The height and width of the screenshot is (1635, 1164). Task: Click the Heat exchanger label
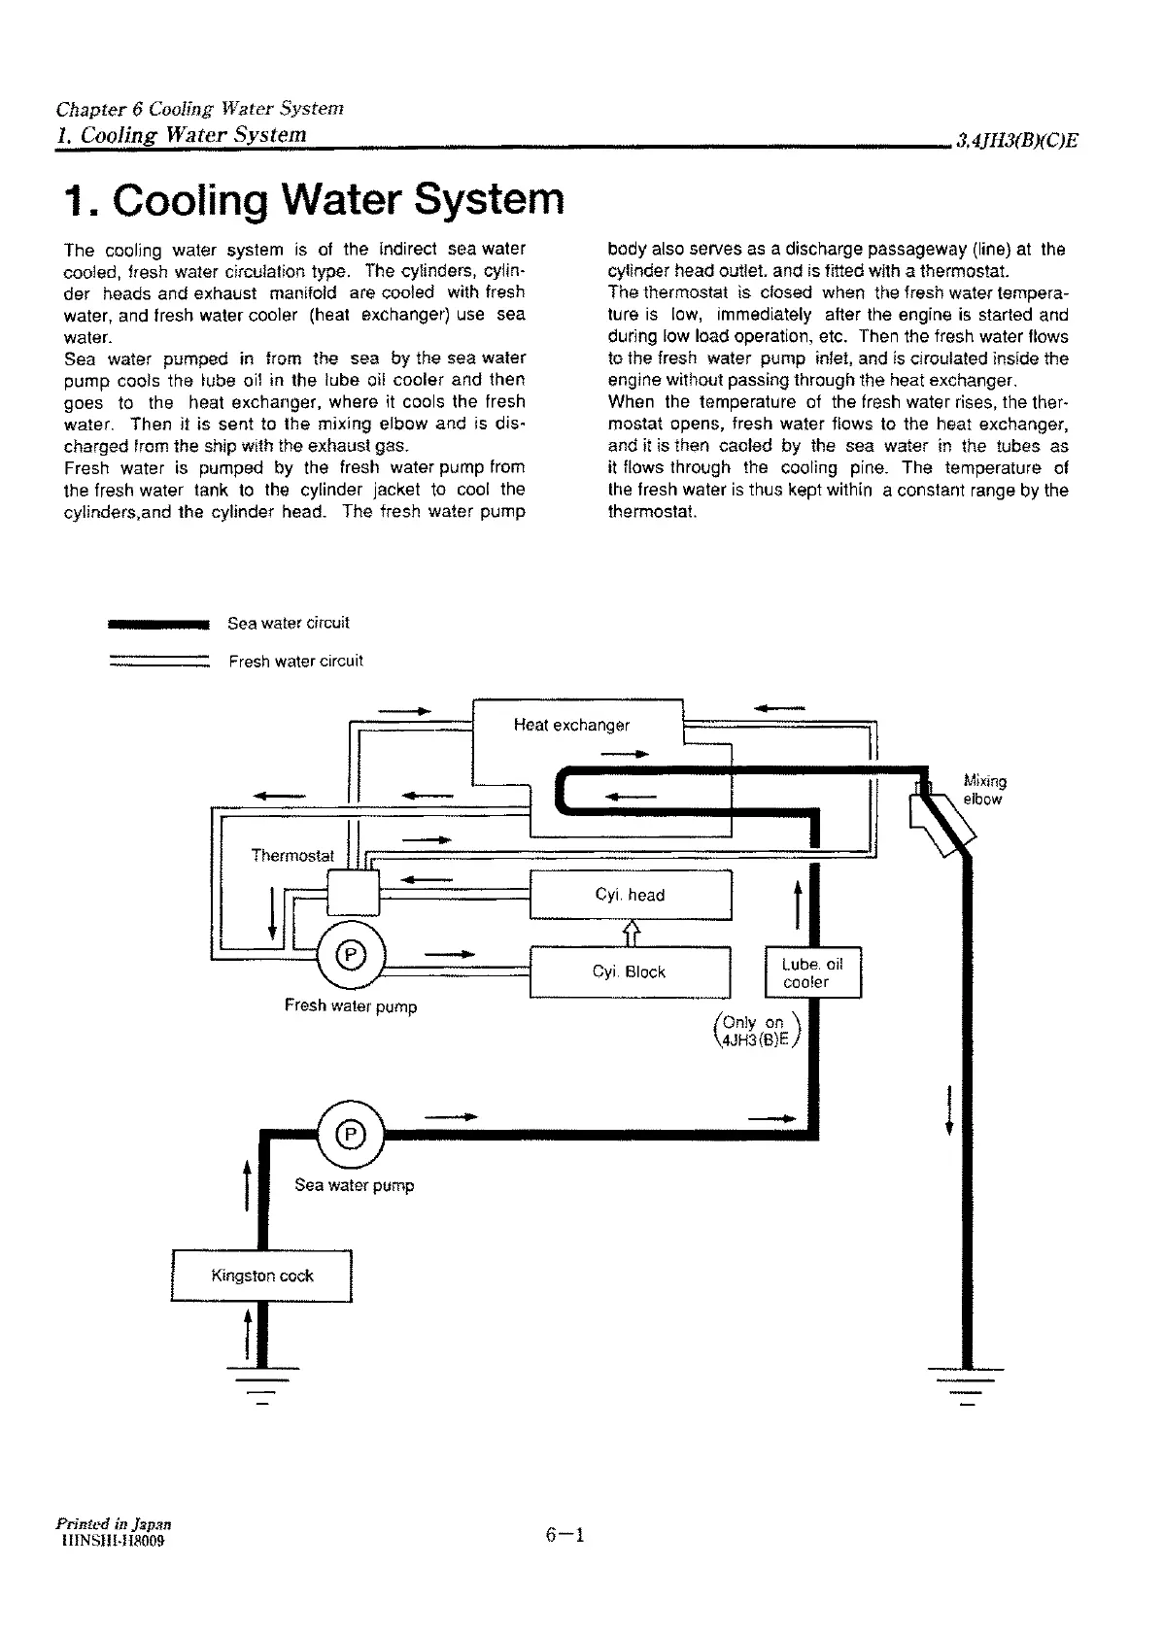coord(571,725)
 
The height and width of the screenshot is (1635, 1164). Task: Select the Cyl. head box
coord(630,895)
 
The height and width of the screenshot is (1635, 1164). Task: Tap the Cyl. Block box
coord(629,971)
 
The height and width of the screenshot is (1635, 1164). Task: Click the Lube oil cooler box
coord(813,972)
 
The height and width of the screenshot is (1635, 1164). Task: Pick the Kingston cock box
coord(261,1276)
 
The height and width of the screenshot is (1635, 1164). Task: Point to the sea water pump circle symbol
coord(352,1133)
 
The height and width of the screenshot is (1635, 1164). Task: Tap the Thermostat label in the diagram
coord(292,856)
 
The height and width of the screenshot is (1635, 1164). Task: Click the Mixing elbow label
coord(984,790)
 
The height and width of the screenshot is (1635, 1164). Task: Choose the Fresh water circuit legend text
coord(295,662)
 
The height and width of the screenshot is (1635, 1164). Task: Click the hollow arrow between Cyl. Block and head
coord(632,933)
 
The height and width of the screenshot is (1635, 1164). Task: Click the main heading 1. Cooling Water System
coord(313,199)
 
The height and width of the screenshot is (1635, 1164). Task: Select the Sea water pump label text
coord(354,1185)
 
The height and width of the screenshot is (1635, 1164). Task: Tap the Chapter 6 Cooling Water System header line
coord(200,109)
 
